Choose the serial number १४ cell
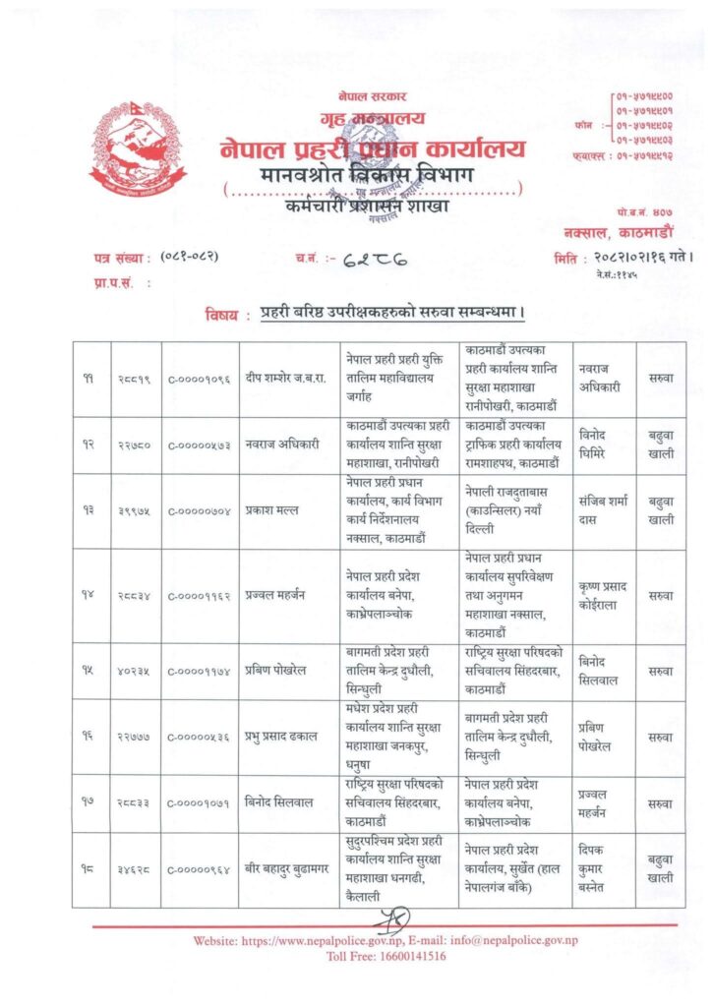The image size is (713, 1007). (89, 594)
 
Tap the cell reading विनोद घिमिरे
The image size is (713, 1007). (601, 445)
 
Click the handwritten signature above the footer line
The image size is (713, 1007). (386, 918)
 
